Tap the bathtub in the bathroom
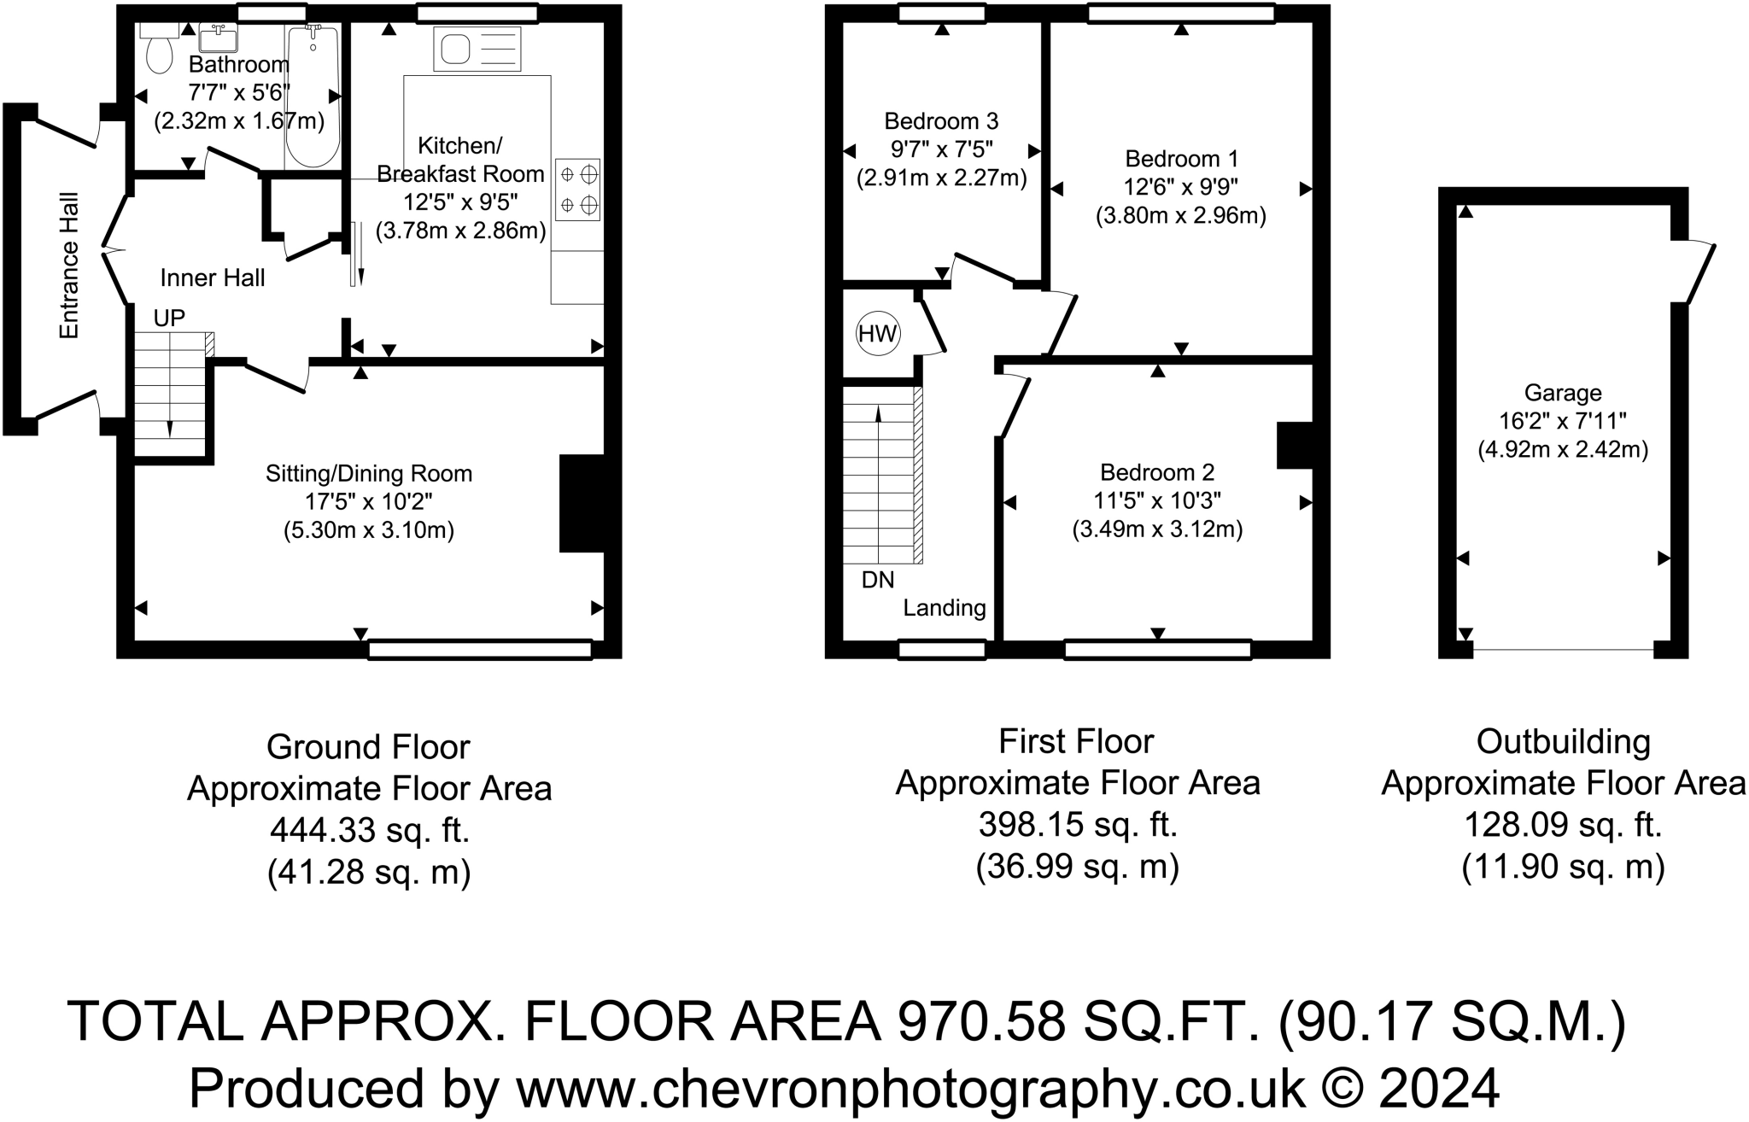coord(313,96)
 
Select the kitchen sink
coord(477,49)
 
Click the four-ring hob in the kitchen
coord(578,190)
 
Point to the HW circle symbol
coord(878,334)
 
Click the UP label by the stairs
coord(169,318)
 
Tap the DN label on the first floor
coord(878,580)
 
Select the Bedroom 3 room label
coord(941,121)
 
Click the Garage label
coord(1563,393)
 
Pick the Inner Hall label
coord(213,278)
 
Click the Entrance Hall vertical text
coord(68,266)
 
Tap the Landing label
coord(945,608)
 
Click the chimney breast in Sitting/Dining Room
coord(582,504)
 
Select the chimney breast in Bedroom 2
coord(1295,446)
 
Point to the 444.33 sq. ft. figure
coord(370,830)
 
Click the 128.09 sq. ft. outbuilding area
coord(1563,825)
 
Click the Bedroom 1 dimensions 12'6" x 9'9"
coord(1181,187)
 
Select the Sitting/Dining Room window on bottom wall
coord(480,650)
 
